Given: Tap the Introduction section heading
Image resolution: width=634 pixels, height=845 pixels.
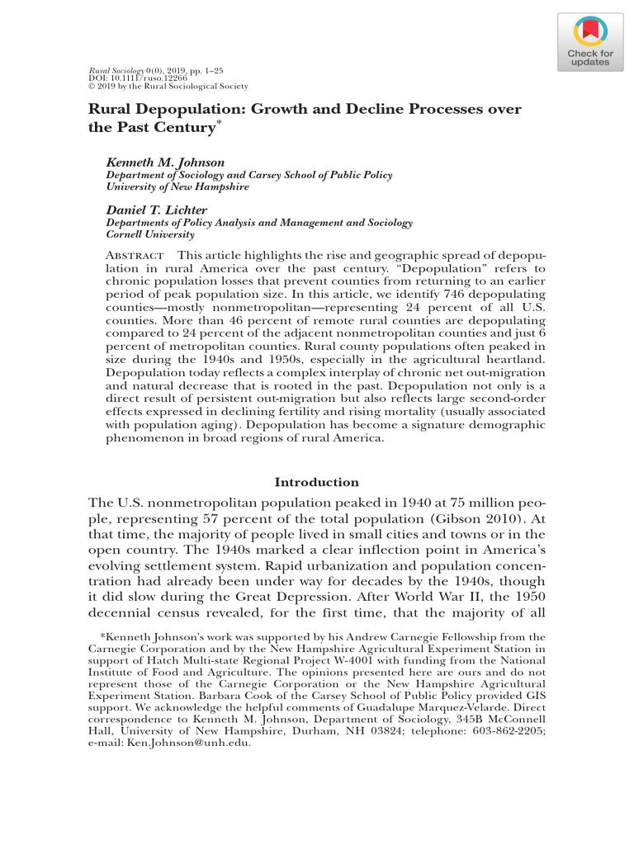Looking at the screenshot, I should click(316, 482).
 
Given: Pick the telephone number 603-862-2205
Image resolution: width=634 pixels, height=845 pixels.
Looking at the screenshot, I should click(513, 729).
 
